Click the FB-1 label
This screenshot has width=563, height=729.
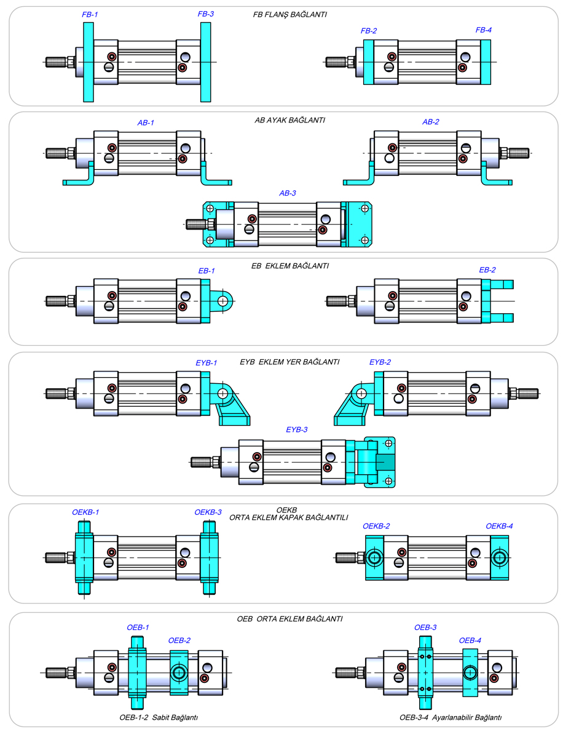point(90,14)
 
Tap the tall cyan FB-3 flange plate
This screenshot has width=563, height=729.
point(205,62)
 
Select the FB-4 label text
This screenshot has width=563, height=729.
point(483,30)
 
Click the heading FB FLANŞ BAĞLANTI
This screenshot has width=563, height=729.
point(289,14)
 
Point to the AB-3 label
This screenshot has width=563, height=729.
point(287,193)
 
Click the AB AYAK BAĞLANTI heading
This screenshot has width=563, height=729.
point(289,120)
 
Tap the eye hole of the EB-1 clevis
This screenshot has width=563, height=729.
point(223,301)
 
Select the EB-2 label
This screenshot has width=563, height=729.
point(487,269)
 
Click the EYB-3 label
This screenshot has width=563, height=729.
point(296,429)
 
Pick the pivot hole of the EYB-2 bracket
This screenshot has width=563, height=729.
point(361,393)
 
